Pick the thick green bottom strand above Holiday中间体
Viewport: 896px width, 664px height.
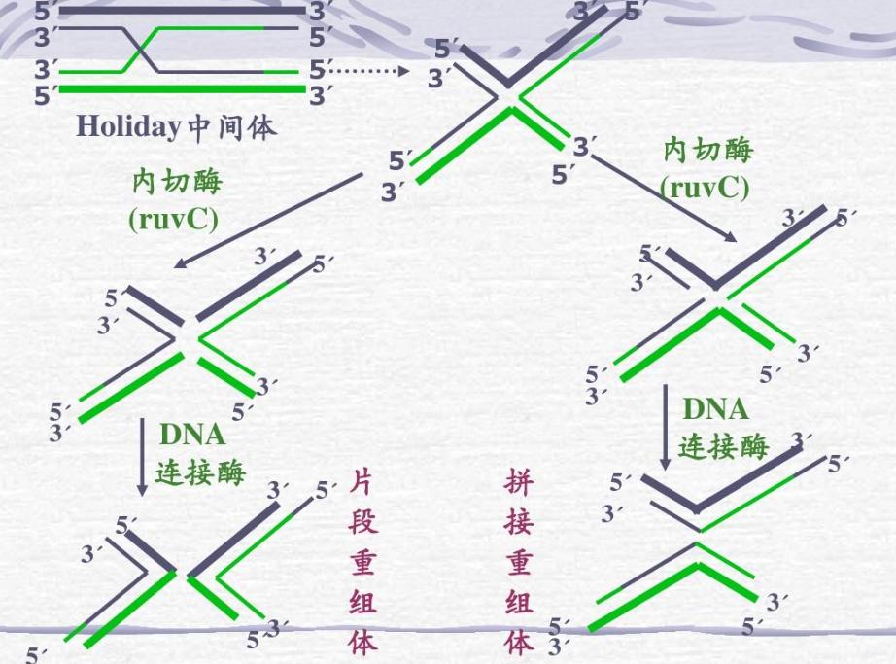pyautogui.click(x=182, y=90)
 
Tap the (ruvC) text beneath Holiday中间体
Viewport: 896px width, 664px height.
pyautogui.click(x=173, y=218)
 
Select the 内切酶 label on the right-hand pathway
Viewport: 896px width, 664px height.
pyautogui.click(x=707, y=151)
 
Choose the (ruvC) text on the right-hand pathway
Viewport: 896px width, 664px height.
pyautogui.click(x=705, y=187)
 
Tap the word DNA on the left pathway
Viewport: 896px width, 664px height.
pyautogui.click(x=192, y=435)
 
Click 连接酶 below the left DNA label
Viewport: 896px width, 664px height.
pyautogui.click(x=201, y=472)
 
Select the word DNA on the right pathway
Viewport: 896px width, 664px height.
pyautogui.click(x=715, y=408)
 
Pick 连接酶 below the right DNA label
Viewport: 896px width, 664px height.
pyautogui.click(x=723, y=446)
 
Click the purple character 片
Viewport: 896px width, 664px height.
pyautogui.click(x=362, y=483)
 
